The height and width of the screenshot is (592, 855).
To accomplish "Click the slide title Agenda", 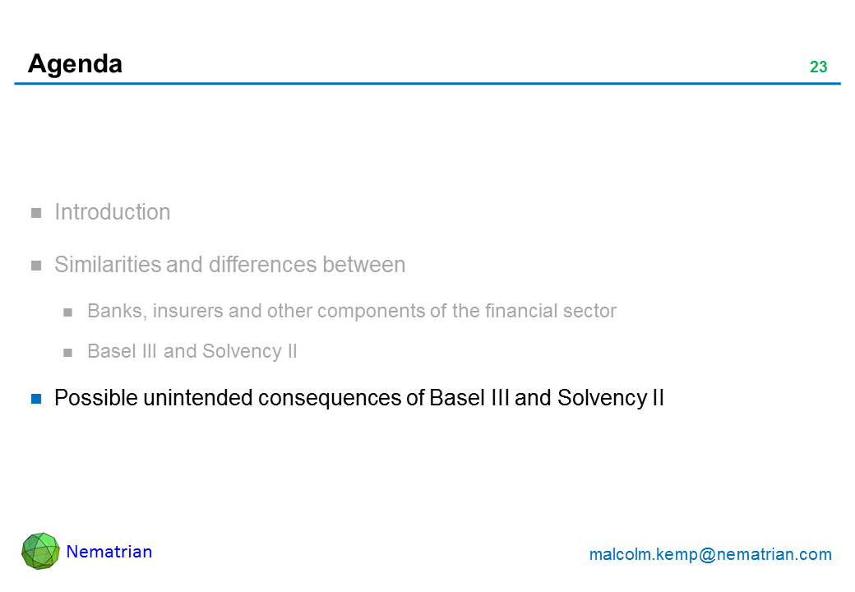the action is coord(76,64).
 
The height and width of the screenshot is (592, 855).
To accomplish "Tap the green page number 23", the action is coord(818,67).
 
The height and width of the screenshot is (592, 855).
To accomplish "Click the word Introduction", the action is coord(113,212).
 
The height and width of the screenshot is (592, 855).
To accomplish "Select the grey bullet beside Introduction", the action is coord(36,213).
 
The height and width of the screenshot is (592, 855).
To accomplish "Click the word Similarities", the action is coord(108,265).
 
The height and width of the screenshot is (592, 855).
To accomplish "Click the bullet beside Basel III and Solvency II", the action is coord(67,353).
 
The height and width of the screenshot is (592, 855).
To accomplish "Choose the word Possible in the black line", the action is coord(96,398).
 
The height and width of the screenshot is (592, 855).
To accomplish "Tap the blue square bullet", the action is coord(36,399).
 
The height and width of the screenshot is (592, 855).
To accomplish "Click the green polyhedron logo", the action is coord(40,551).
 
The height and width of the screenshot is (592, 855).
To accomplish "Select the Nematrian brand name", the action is coord(109,552).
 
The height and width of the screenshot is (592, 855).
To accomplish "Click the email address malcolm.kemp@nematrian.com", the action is coord(710,554).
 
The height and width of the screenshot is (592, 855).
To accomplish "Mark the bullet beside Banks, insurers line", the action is coord(67,312).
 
